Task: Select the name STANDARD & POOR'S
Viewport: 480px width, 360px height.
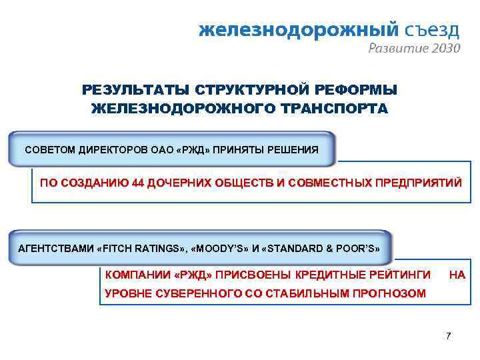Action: (x=323, y=249)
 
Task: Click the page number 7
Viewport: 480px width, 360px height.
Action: (x=448, y=335)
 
